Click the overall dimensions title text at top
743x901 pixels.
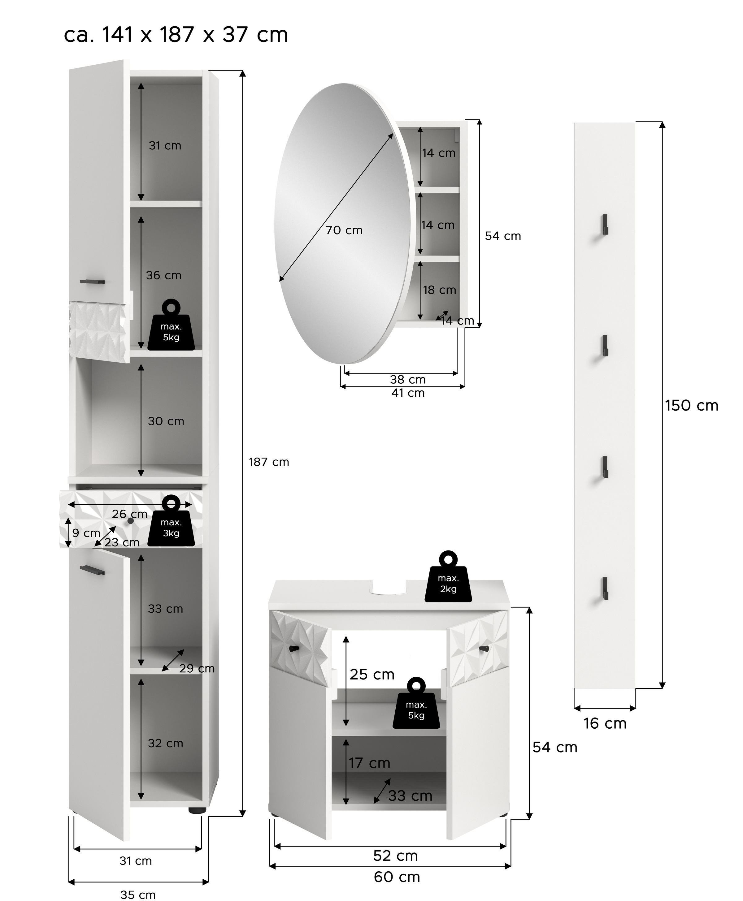pyautogui.click(x=176, y=34)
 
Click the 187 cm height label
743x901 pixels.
pyautogui.click(x=269, y=462)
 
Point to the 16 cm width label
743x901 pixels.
pyautogui.click(x=605, y=723)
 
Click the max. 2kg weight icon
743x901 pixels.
pyautogui.click(x=448, y=578)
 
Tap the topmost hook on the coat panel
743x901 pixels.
pyautogui.click(x=605, y=224)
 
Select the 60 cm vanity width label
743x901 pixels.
pyautogui.click(x=397, y=877)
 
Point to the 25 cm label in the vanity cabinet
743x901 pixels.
pyautogui.click(x=371, y=675)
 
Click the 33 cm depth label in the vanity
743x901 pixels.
pyautogui.click(x=410, y=796)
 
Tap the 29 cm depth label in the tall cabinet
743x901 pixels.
pyautogui.click(x=197, y=668)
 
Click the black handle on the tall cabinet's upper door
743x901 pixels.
pyautogui.click(x=92, y=282)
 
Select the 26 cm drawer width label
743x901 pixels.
pyautogui.click(x=129, y=514)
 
